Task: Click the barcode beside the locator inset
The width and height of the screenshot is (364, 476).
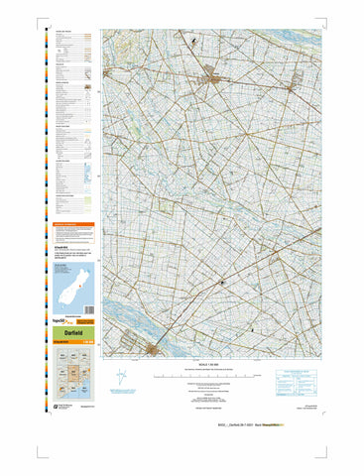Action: click(85, 291)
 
